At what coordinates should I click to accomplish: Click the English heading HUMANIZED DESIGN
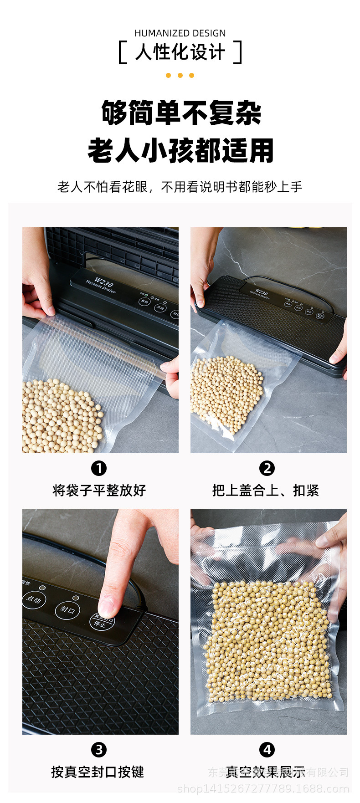[180, 33]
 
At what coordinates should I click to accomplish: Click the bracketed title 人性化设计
[180, 52]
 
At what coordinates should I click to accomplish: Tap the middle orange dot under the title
[180, 76]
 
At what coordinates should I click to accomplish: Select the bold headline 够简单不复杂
[181, 113]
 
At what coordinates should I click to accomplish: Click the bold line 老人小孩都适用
[181, 151]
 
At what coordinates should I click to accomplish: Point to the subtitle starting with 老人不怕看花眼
[180, 187]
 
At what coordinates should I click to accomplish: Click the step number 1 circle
[99, 468]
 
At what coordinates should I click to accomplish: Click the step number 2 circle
[267, 468]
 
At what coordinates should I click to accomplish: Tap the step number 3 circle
[99, 750]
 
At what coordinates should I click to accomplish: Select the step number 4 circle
[267, 750]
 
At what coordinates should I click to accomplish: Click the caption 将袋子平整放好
[99, 491]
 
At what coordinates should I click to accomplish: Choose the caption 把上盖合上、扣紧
[266, 491]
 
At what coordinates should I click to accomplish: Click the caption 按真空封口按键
[98, 772]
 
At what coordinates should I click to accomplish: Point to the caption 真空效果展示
[266, 772]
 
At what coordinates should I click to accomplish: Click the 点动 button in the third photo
[34, 599]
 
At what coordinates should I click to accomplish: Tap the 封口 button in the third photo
[67, 610]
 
